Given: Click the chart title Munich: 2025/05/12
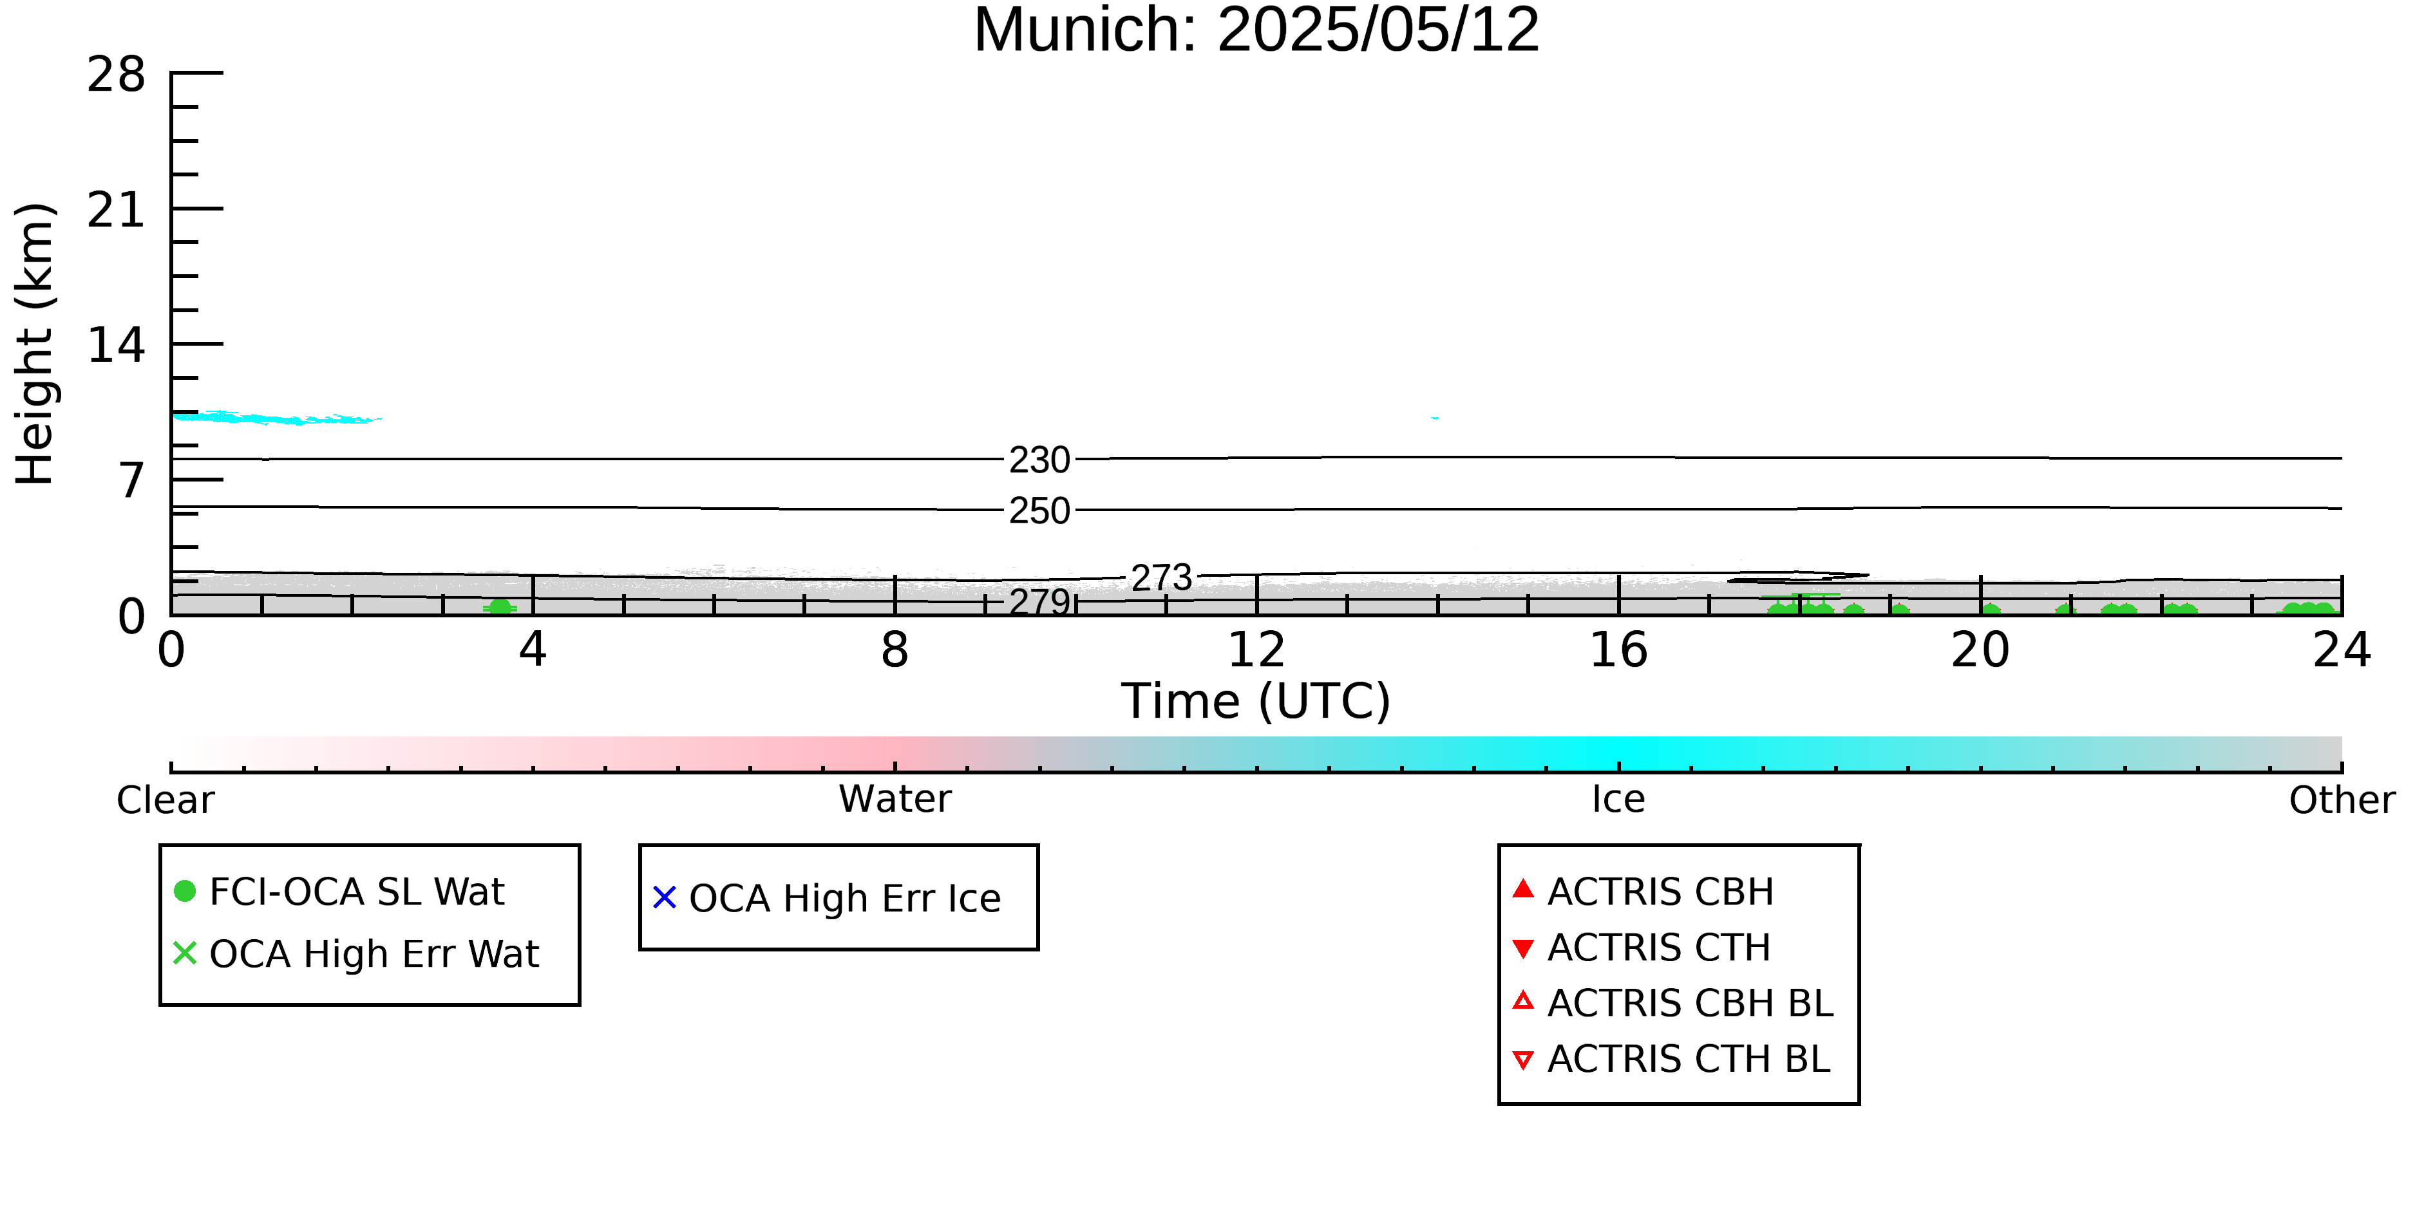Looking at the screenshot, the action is click(1256, 30).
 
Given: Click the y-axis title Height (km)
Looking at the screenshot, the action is click(35, 344).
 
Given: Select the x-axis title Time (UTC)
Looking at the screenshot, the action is click(1256, 701).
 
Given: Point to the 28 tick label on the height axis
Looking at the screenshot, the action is click(117, 74).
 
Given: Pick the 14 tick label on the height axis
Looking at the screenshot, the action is click(117, 346).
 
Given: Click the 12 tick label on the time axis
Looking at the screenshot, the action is click(1256, 650).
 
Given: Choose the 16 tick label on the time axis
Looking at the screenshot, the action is click(1618, 650).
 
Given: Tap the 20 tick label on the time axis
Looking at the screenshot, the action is click(1980, 650).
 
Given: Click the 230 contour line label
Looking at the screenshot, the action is click(1039, 460).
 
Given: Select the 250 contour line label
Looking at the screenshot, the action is click(1039, 510).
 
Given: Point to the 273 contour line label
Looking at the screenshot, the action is click(1162, 578).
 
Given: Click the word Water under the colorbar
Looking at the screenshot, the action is click(895, 800).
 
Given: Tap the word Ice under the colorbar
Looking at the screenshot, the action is click(1618, 800).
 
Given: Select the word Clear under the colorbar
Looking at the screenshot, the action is click(165, 800).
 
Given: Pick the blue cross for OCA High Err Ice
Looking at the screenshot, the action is click(665, 898).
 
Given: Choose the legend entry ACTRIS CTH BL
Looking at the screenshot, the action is click(1672, 1059).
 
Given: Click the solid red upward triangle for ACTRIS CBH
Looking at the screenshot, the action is click(1524, 888).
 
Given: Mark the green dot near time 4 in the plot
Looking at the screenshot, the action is click(500, 607).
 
